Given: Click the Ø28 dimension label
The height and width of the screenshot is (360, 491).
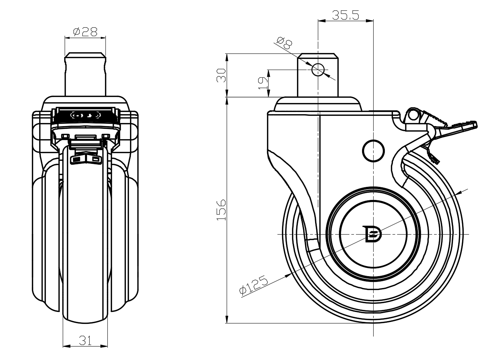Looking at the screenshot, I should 85,32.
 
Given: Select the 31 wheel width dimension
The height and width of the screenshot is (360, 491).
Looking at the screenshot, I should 85,340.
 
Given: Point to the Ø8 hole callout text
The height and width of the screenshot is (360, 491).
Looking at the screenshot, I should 284,43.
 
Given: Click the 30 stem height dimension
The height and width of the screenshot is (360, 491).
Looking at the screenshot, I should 221,75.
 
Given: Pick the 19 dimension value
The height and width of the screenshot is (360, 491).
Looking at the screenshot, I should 263,83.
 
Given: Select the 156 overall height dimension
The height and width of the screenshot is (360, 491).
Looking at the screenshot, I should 221,210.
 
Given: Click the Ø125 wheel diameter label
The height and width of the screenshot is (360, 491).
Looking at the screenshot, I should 254,286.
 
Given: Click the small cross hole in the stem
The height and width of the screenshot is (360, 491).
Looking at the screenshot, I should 318,70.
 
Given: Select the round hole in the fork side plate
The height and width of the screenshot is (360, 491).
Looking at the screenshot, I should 373,150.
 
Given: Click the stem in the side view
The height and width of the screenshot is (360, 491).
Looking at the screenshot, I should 318,83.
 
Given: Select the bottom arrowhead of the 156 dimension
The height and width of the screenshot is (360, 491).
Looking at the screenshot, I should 227,320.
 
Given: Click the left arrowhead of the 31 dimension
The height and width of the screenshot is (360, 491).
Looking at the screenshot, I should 65,346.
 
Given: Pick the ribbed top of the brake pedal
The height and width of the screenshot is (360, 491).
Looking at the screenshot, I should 435,118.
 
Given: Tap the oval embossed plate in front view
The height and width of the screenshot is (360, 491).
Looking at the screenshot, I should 85,115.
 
